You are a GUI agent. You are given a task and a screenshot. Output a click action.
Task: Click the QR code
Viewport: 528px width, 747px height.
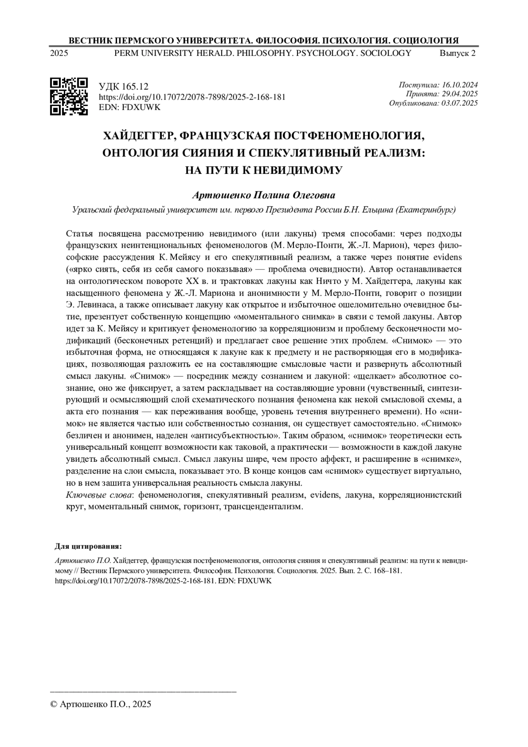coord(69,96)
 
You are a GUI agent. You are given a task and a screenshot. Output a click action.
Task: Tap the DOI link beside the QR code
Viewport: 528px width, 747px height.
coord(192,97)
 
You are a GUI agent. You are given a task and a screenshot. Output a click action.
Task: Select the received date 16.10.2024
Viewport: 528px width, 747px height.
coord(460,85)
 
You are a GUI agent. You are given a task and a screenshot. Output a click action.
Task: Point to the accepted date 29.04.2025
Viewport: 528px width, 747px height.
coord(460,94)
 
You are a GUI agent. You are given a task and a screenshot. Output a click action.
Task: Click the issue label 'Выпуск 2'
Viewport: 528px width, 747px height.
coord(457,54)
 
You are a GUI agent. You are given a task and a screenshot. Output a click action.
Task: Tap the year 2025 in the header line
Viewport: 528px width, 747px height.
coord(59,54)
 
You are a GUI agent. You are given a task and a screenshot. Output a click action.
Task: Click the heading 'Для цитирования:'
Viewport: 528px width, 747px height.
coord(88,546)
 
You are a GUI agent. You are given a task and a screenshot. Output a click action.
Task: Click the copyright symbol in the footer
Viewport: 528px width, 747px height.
coord(54,704)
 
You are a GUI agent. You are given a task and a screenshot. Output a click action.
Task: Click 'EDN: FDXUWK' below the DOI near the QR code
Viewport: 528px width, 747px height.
coord(129,107)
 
